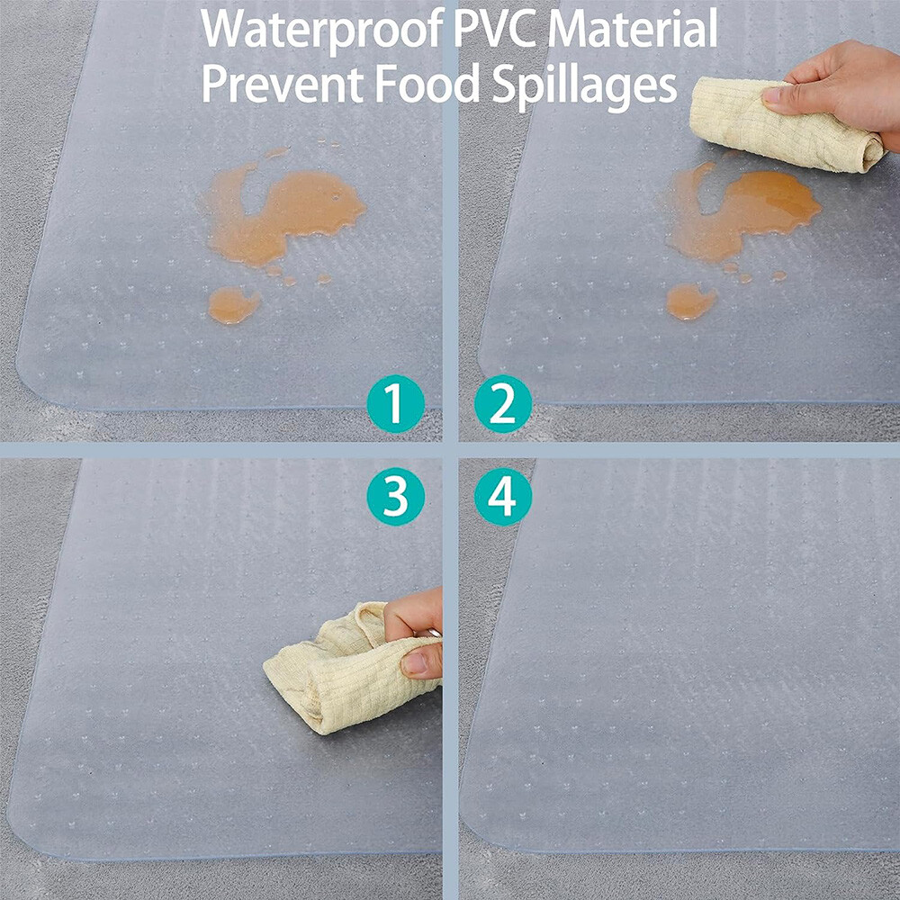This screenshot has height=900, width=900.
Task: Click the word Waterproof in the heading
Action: pos(322,29)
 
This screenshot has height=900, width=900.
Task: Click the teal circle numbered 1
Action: pos(395,403)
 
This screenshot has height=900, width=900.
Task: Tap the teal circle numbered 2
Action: pos(503,403)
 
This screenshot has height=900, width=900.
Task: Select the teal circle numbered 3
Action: pos(395,497)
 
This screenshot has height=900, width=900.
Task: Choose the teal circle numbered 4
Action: pos(503,497)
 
